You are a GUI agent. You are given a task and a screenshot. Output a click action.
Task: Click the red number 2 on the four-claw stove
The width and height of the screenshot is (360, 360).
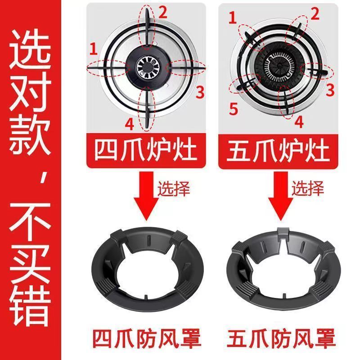tap(163, 13)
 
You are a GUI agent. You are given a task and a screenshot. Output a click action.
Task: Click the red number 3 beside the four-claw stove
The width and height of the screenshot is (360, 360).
tap(200, 92)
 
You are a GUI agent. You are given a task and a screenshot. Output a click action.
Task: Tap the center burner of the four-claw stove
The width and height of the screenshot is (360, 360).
tap(147, 67)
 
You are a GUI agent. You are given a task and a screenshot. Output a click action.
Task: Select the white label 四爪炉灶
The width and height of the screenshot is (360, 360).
tap(145, 151)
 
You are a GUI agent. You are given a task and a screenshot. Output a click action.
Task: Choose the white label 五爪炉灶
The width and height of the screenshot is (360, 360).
tap(278, 151)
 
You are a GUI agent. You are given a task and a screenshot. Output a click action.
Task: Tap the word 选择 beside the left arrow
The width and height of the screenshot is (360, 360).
tap(174, 188)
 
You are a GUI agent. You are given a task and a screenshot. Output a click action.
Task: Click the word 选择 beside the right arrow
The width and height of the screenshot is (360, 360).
tap(308, 188)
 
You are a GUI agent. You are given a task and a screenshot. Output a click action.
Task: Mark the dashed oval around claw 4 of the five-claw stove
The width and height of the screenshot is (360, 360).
tap(286, 103)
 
